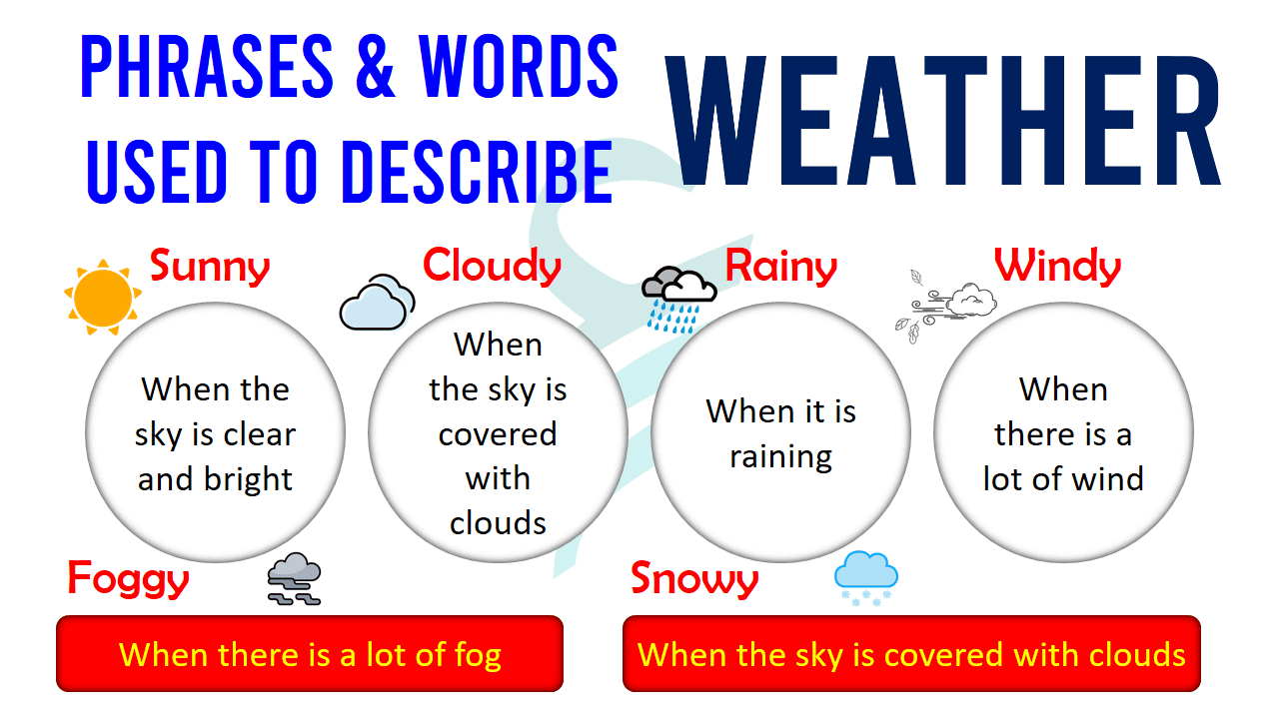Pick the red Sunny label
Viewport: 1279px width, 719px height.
pyautogui.click(x=210, y=267)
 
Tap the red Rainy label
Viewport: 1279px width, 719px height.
pyautogui.click(x=780, y=267)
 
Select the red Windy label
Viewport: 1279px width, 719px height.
pyautogui.click(x=1057, y=267)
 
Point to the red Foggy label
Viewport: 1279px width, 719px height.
pyautogui.click(x=128, y=579)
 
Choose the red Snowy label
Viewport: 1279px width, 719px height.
pyautogui.click(x=694, y=579)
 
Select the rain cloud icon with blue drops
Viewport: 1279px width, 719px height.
pyautogui.click(x=678, y=298)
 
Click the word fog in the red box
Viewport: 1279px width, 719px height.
pyautogui.click(x=474, y=655)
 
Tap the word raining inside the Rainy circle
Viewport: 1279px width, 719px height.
pyautogui.click(x=780, y=457)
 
